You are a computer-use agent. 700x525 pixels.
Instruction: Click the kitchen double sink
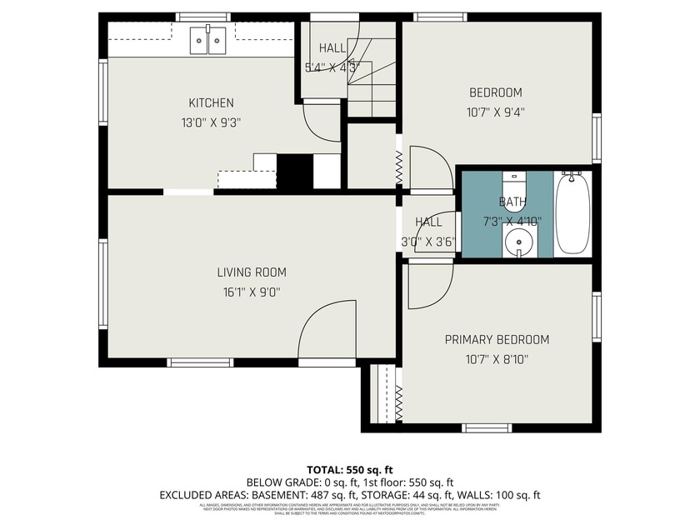pos(207,39)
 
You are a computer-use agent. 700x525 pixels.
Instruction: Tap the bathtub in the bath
pos(572,212)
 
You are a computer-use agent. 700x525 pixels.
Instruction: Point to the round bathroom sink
pos(519,244)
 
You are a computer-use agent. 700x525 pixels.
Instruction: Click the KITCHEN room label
pos(211,103)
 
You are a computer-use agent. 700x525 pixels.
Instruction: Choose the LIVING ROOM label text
pos(252,272)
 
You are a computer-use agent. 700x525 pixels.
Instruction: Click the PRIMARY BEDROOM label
pos(497,340)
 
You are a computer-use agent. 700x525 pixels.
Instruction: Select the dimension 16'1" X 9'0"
pos(252,292)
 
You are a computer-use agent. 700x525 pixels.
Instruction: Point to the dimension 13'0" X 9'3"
pos(211,122)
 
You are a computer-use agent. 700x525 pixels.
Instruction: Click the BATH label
pos(512,202)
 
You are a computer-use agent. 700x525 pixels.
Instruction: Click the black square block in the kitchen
pos(294,172)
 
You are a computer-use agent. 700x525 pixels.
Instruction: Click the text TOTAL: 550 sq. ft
pos(350,469)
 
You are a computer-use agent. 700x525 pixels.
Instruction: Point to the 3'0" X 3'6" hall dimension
pos(428,242)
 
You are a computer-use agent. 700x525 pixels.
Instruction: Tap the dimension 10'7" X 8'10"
pos(496,359)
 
